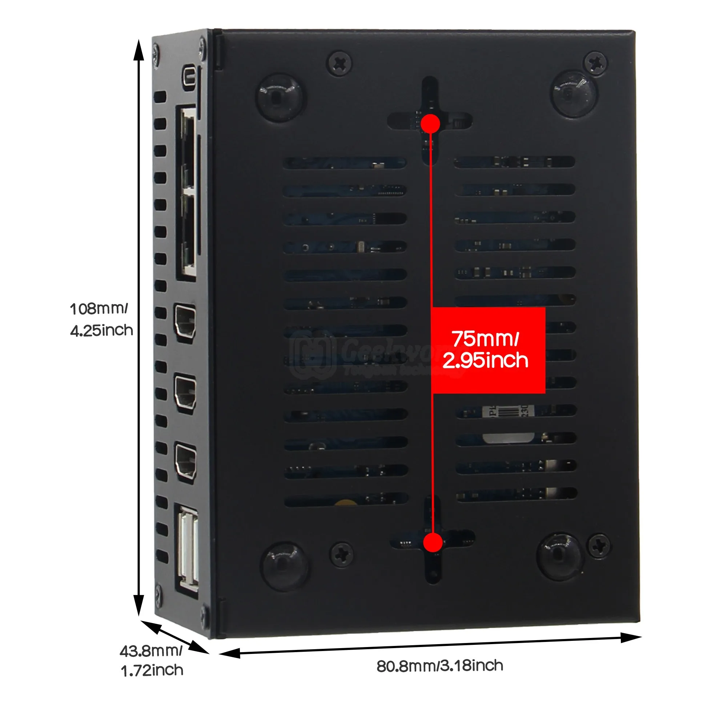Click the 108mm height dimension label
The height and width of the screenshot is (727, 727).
pos(99,309)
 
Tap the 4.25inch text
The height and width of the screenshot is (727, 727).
pos(102,330)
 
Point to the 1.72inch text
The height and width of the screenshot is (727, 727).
pos(152,671)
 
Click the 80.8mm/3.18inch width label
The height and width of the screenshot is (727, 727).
pos(440,666)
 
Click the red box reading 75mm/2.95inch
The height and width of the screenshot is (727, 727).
pos(488,350)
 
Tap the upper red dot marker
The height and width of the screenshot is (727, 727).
pos(430,124)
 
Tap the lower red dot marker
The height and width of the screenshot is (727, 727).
pos(433,542)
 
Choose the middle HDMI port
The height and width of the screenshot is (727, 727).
pos(185,393)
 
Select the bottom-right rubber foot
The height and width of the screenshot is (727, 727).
pos(561,556)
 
